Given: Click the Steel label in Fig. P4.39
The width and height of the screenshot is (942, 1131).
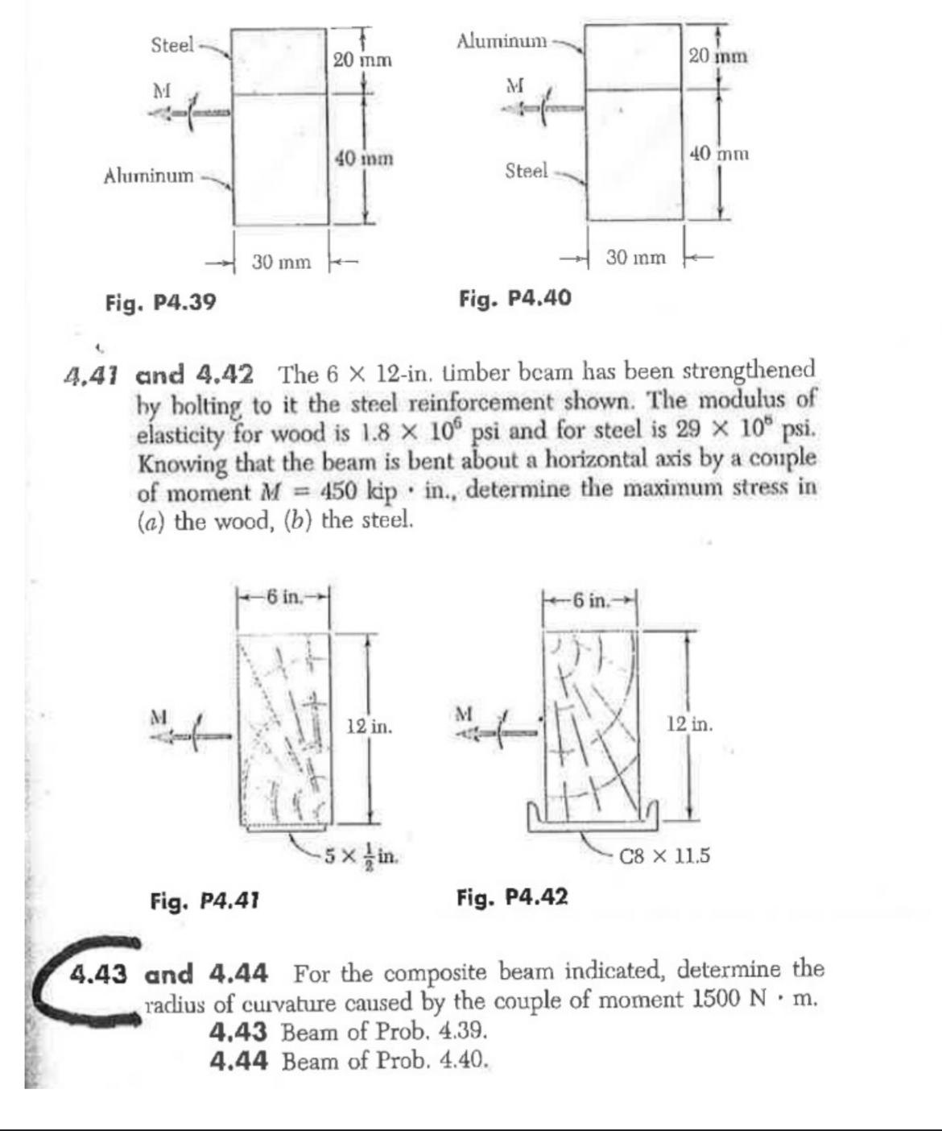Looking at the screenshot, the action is [x=172, y=45].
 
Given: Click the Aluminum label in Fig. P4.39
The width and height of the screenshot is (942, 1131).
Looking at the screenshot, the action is [x=149, y=175].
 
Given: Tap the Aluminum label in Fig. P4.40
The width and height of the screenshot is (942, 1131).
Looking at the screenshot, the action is [x=502, y=39].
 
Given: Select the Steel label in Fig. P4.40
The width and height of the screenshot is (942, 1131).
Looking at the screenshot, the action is [x=526, y=171].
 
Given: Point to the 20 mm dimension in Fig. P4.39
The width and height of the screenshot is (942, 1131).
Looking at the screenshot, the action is [x=362, y=60].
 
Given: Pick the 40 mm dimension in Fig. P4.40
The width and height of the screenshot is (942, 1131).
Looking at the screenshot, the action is [x=720, y=152].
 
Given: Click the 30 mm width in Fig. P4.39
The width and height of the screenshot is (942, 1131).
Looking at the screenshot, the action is [x=281, y=262].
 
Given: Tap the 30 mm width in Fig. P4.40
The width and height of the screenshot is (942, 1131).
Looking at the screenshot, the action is [x=636, y=258].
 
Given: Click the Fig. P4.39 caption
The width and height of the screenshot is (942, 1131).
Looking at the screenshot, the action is [x=161, y=303].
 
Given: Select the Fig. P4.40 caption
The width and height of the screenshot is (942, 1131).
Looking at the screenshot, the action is [x=515, y=299].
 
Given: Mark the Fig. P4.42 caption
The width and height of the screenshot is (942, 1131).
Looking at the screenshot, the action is [x=512, y=896].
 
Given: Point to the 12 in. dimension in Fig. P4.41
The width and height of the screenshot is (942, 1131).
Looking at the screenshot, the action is [x=370, y=727].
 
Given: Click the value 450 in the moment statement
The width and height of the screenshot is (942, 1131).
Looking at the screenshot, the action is [x=343, y=491].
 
